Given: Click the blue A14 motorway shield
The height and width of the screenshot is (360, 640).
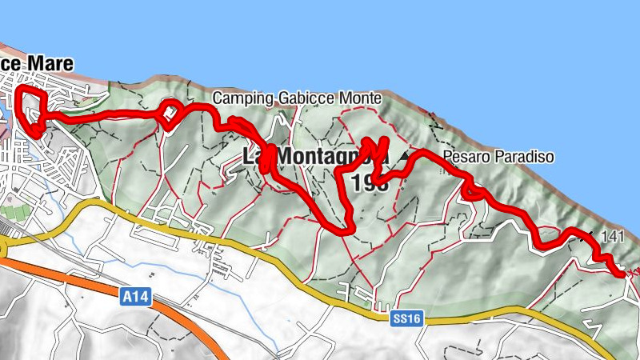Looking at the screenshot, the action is coord(136,298).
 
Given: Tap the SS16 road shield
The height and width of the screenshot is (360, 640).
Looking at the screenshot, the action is coord(406,318).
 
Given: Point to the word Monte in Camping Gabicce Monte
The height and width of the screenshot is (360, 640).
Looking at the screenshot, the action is coord(359,98).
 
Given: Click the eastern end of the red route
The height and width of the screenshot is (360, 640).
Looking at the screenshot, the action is coord(621,274).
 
